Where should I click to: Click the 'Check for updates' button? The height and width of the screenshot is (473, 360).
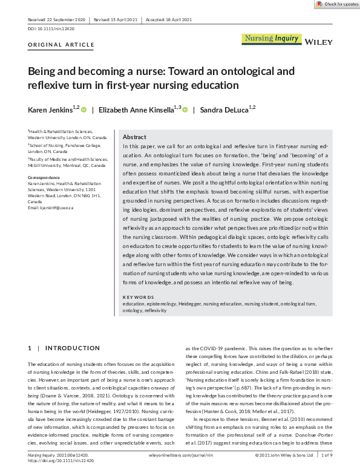(x=336, y=4)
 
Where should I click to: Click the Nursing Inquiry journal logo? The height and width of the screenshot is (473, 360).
(x=272, y=39)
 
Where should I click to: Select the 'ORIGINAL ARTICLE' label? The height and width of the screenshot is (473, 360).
(x=61, y=45)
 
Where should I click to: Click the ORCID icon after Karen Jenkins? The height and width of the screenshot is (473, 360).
(x=83, y=109)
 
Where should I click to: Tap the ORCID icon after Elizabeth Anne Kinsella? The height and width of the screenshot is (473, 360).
(x=185, y=109)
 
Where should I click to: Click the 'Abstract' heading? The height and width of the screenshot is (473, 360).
(x=134, y=137)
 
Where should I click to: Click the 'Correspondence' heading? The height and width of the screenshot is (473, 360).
(x=45, y=177)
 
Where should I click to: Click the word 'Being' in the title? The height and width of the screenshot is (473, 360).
(x=44, y=71)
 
